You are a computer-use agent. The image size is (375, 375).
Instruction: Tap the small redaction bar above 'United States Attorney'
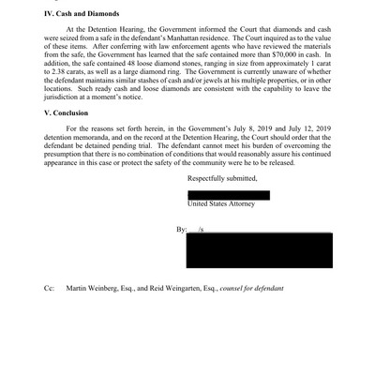tap(229, 194)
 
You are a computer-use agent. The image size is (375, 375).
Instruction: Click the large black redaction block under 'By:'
tap(259, 249)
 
